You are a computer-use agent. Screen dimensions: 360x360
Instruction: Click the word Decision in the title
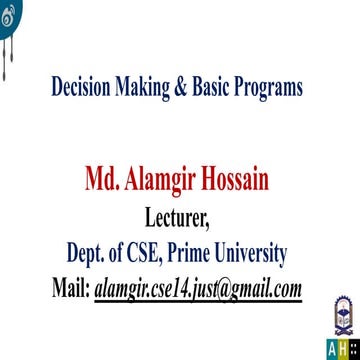pyautogui.click(x=84, y=87)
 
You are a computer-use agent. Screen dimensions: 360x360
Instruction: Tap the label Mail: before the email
pyautogui.click(x=70, y=288)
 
